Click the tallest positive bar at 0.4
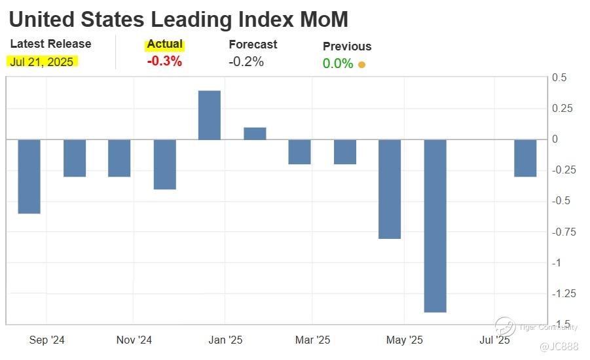point(210,115)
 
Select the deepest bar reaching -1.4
point(435,226)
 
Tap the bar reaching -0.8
point(390,189)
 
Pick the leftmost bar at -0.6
point(29,177)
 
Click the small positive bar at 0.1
point(255,134)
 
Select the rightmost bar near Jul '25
point(525,158)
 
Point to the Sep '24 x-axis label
point(47,340)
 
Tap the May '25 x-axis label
point(405,340)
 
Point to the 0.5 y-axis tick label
point(560,78)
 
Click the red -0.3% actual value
point(164,62)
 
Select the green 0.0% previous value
point(338,64)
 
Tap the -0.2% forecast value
point(246,62)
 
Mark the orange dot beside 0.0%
point(361,65)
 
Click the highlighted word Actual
point(164,45)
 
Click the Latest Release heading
point(51,45)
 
